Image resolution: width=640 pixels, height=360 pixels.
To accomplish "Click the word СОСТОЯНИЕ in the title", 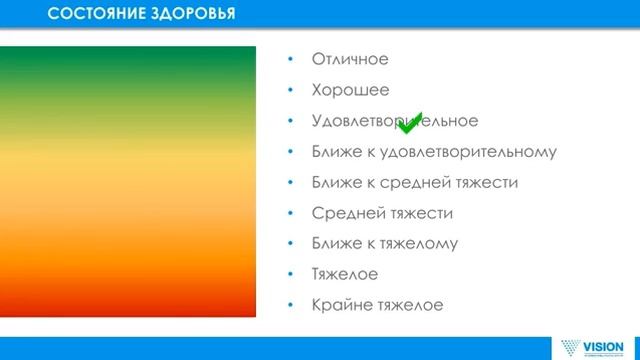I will (96, 14).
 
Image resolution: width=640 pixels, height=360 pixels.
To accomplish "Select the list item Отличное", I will (349, 59).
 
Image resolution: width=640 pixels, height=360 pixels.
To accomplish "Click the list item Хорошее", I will (350, 90).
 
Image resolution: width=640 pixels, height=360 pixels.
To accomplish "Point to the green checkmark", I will (410, 123).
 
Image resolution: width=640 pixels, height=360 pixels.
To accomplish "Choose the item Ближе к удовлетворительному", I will (433, 152).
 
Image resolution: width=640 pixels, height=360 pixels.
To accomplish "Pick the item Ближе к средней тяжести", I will (414, 183).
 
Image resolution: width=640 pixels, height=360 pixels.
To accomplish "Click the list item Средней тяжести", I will (382, 213).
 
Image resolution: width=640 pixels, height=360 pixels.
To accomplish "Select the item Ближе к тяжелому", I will (385, 243).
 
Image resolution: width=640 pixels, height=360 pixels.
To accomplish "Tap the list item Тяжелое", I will (344, 273).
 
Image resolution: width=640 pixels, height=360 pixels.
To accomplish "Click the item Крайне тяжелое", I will (377, 304).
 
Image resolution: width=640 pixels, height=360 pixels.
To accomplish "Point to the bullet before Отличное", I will (290, 60).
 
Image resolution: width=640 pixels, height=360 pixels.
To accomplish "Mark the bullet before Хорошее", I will (290, 91).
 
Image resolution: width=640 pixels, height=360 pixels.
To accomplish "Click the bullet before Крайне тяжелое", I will (290, 305).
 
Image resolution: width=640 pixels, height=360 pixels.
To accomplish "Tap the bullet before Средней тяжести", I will (290, 214).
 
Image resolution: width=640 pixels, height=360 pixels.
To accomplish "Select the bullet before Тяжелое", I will (290, 274).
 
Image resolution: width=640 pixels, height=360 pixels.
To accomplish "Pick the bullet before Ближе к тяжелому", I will (290, 244).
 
